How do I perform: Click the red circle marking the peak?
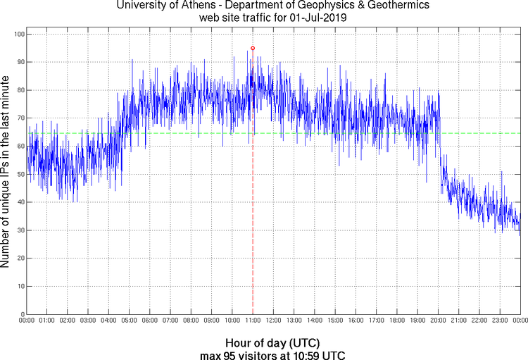click(x=253, y=48)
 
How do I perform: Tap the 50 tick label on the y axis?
click(x=20, y=174)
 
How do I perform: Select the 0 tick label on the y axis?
click(x=22, y=314)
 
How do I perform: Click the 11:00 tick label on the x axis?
click(x=253, y=321)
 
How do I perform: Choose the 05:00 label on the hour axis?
click(x=130, y=321)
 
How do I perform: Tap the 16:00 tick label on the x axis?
click(x=356, y=321)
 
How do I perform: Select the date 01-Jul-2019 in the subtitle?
click(x=317, y=18)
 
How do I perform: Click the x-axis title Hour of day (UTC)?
click(x=263, y=342)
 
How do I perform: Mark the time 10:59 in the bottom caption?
click(x=301, y=354)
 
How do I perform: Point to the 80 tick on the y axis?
click(x=20, y=90)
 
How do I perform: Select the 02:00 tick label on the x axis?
click(x=68, y=321)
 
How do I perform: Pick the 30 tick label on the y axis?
click(x=20, y=230)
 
